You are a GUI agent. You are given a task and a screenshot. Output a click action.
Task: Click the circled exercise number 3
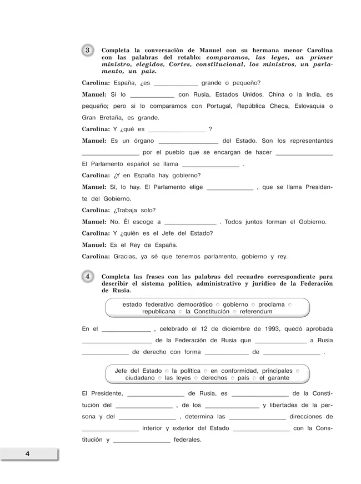click(x=89, y=51)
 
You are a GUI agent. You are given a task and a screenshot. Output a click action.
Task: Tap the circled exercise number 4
click(x=89, y=276)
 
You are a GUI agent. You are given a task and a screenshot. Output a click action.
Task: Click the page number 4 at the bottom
click(x=27, y=455)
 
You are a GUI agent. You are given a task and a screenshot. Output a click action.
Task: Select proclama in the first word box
click(x=272, y=305)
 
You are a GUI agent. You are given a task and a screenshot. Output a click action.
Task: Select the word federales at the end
click(x=188, y=440)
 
